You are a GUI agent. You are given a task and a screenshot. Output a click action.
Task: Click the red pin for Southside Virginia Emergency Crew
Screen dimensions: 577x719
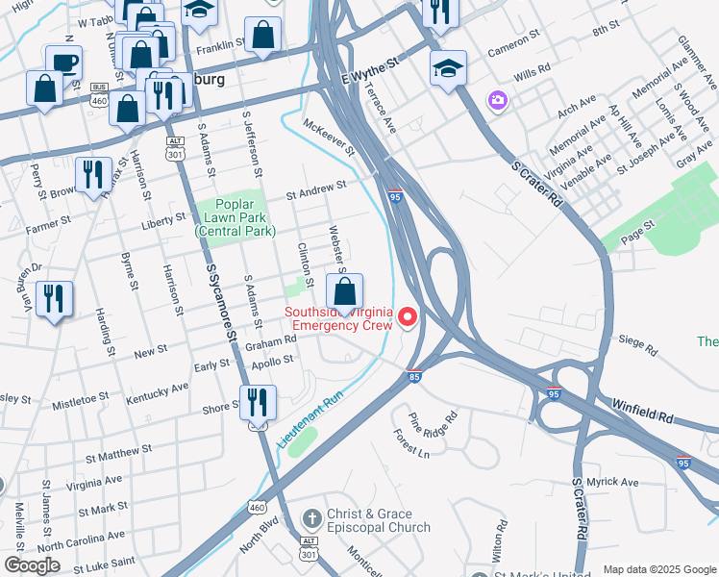click(x=408, y=316)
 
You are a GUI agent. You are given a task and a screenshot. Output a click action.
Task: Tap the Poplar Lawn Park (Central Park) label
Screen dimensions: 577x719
click(x=236, y=217)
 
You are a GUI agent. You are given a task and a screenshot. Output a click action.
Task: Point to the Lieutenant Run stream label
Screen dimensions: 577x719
click(x=310, y=415)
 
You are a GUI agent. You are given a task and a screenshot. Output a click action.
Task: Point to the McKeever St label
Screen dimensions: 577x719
click(x=330, y=138)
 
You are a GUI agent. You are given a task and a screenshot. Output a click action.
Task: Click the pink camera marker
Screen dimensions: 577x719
click(x=497, y=100)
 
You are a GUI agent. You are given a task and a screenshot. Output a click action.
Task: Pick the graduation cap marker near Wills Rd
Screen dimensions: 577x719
click(x=448, y=69)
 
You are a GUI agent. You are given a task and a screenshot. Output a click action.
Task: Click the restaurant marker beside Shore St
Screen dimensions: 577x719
click(x=257, y=402)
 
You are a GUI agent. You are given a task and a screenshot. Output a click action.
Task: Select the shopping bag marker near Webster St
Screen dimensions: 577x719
click(x=345, y=290)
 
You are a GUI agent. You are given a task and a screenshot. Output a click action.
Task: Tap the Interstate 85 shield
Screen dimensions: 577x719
click(x=414, y=376)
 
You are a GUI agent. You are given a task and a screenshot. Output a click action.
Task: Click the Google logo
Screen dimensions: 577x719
click(x=32, y=565)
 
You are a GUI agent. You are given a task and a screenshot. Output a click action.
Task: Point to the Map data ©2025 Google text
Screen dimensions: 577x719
click(x=658, y=568)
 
